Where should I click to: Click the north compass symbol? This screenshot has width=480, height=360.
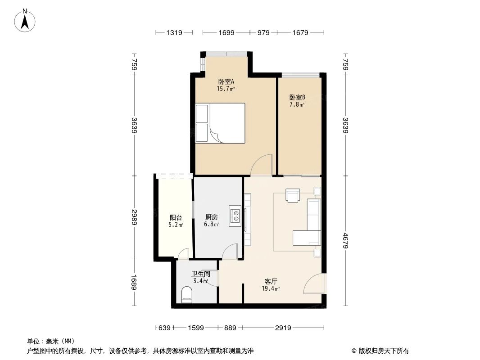25,20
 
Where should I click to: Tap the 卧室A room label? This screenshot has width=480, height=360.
226,82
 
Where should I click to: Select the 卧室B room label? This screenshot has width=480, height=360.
297,97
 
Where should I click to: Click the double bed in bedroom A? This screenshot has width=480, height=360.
220,123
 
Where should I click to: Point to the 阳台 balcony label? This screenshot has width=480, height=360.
176,217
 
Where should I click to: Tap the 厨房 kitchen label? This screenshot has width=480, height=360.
211,217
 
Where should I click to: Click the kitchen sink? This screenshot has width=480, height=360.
235,216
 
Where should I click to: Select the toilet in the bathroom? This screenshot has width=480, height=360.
186,296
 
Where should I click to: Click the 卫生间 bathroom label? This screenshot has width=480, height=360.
200,274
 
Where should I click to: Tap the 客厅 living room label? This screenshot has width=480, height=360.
271,281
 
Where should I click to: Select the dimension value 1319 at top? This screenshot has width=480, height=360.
174,32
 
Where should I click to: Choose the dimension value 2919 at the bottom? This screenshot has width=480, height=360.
283,328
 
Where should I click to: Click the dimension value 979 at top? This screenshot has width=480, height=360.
263,32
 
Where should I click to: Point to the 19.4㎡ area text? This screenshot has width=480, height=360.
271,288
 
